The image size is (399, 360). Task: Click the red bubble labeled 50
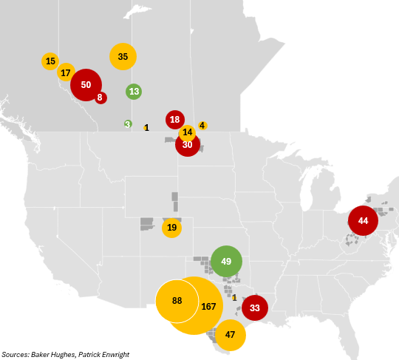[x=86, y=84]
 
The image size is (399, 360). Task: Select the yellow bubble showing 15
[x=50, y=61]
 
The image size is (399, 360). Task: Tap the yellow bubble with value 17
[x=66, y=72]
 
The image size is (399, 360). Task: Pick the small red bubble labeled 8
[x=100, y=97]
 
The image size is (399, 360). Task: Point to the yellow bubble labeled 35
[x=123, y=57]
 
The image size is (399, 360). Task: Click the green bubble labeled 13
[x=134, y=92]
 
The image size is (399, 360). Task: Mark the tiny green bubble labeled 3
[x=128, y=123]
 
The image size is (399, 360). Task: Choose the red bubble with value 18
[x=175, y=119]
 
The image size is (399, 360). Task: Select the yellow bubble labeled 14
[x=188, y=133]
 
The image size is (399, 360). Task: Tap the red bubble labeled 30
[x=188, y=145]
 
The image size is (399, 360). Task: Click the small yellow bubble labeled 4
[x=202, y=126]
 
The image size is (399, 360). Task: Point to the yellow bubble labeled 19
[x=172, y=228]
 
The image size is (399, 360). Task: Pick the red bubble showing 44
[x=363, y=221]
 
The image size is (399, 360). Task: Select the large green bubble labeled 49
[x=226, y=261]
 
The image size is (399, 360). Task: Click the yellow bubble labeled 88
[x=177, y=301]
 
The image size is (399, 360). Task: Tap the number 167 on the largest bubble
[x=208, y=306]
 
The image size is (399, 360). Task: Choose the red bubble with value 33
[x=255, y=308]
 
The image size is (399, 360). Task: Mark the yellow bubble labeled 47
[x=231, y=335]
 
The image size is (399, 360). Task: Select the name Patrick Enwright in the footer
[x=106, y=354]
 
